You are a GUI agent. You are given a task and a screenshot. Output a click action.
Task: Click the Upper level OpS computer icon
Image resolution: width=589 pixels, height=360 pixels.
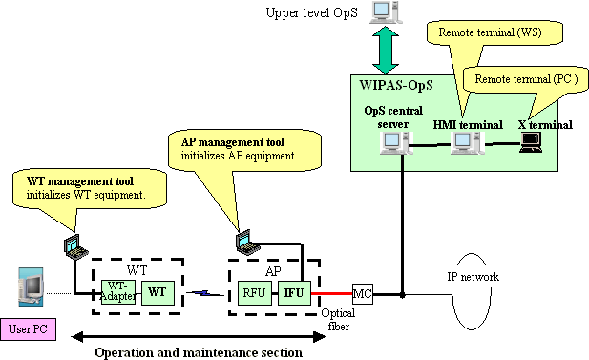pyautogui.click(x=382, y=12)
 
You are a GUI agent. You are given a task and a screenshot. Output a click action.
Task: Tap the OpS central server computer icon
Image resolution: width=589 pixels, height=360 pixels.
pyautogui.click(x=391, y=143)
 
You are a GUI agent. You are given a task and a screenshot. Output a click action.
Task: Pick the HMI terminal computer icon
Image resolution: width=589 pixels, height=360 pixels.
pyautogui.click(x=465, y=143)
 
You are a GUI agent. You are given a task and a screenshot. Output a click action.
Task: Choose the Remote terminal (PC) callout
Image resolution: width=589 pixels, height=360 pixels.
pyautogui.click(x=520, y=78)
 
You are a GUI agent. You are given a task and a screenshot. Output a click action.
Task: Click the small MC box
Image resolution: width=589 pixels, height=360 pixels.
pyautogui.click(x=363, y=292)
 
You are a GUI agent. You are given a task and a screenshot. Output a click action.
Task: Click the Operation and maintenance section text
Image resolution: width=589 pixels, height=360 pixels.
pyautogui.click(x=199, y=352)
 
